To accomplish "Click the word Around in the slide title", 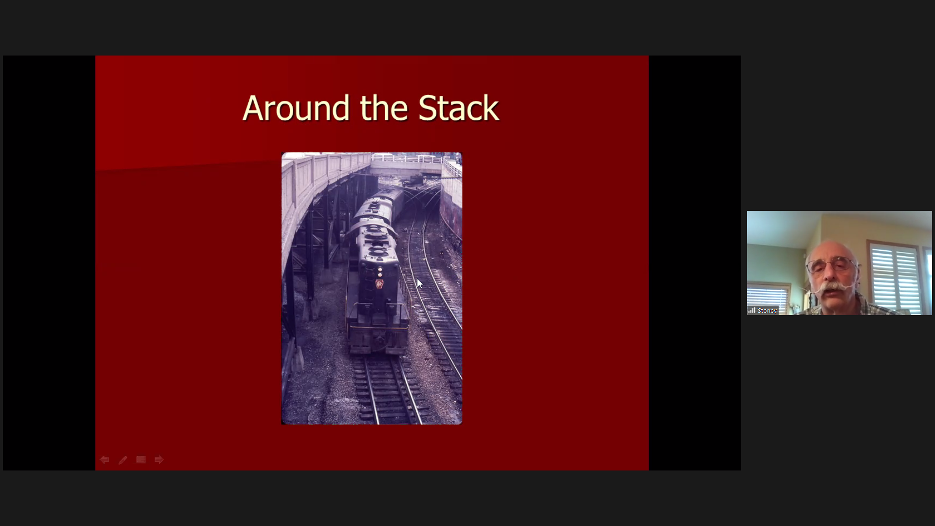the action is tap(296, 108).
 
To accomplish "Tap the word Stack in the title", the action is tap(458, 108).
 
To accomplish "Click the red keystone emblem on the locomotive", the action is tap(379, 284).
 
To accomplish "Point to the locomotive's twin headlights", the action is tap(380, 272).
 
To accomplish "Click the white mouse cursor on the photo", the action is tap(419, 283).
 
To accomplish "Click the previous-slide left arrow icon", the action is tap(104, 460).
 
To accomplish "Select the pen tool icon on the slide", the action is tap(123, 460).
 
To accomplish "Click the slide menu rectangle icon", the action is tap(141, 460).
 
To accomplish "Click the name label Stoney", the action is tap(767, 311).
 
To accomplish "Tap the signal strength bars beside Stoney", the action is tap(752, 310).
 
